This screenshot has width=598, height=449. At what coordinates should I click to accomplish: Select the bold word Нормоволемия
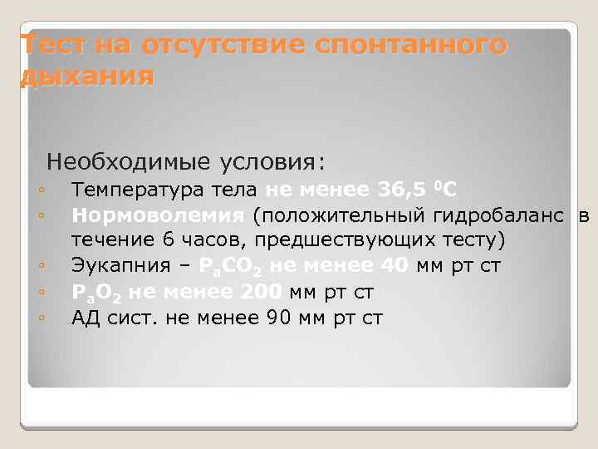tap(158, 216)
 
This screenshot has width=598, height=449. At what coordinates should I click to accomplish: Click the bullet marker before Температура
tap(41, 191)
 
